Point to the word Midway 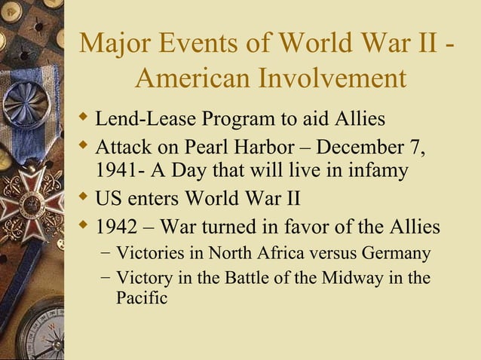click(x=352, y=278)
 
